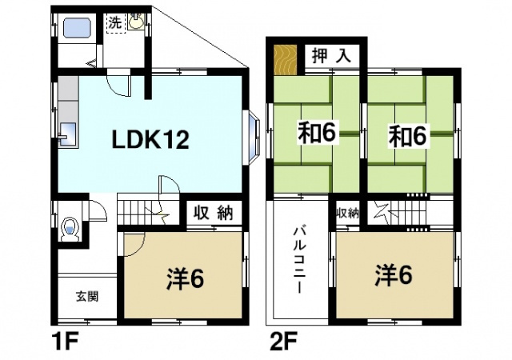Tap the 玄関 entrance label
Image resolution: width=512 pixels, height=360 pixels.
click(x=87, y=297)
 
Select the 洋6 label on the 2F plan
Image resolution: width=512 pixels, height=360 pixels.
click(x=393, y=275)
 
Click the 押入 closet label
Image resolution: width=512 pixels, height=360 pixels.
click(x=330, y=58)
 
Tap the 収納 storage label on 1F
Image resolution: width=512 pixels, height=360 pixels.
click(x=213, y=213)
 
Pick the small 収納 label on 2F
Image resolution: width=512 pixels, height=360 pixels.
click(x=347, y=213)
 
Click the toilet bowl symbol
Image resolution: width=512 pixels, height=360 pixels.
click(x=70, y=228)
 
